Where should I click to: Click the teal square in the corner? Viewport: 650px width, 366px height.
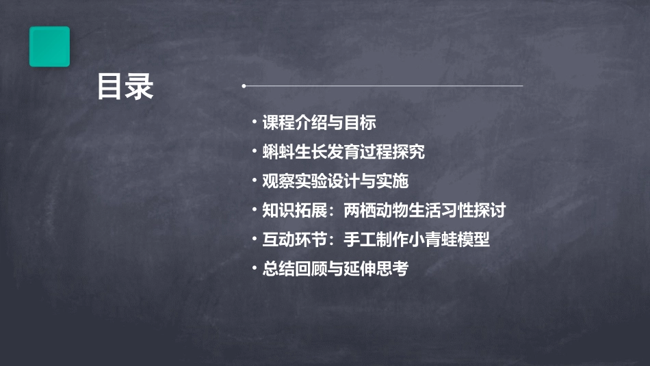[49, 47]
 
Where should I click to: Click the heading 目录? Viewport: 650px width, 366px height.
[125, 88]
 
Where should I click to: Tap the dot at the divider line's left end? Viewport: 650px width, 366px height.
[244, 86]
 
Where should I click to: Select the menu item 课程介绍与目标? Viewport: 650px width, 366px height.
[319, 123]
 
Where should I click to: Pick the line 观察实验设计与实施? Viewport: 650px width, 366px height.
[335, 181]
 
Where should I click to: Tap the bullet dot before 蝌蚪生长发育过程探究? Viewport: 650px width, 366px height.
[254, 151]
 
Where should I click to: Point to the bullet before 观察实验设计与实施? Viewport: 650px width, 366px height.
[254, 181]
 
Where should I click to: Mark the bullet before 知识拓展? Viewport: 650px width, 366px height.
[254, 209]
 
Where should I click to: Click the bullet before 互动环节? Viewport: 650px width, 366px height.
[254, 239]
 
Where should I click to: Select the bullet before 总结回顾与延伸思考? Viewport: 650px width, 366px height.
[254, 268]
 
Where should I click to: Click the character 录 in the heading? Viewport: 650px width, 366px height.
[140, 88]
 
